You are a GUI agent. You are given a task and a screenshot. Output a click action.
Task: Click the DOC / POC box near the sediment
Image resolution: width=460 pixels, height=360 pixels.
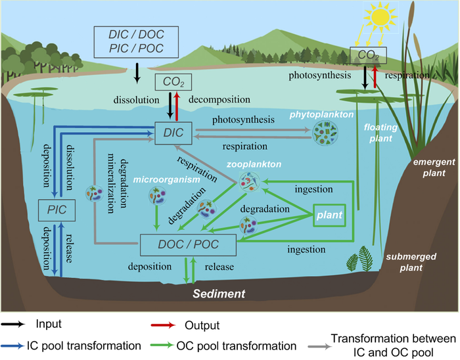point(188,246)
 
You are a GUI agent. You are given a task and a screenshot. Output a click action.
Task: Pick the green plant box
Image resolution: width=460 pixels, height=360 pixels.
point(329,215)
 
